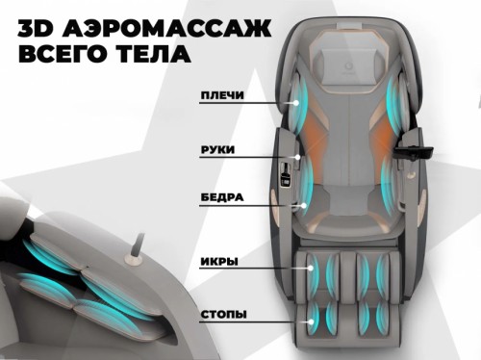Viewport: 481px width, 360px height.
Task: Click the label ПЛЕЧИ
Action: (222, 95)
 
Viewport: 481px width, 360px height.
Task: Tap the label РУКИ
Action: (217, 150)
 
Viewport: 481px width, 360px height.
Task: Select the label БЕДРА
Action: (222, 197)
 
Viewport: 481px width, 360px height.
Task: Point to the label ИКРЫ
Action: (219, 262)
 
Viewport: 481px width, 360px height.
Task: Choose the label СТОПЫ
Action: (224, 314)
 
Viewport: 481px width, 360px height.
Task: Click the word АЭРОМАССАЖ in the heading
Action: (166, 29)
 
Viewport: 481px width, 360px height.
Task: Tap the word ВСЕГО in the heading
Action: (63, 53)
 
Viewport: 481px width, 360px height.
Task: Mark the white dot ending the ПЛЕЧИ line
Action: (296, 103)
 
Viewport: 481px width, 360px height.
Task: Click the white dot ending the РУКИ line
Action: (298, 157)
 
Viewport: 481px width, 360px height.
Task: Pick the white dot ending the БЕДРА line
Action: (303, 205)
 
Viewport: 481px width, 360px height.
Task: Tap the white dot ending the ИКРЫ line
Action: (311, 268)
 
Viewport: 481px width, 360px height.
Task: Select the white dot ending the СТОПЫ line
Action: (311, 321)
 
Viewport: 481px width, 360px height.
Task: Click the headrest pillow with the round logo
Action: (348, 68)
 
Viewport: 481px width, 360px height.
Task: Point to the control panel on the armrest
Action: (285, 175)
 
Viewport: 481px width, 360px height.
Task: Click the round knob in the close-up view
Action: (135, 259)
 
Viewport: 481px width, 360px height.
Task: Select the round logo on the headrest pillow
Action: (348, 66)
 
